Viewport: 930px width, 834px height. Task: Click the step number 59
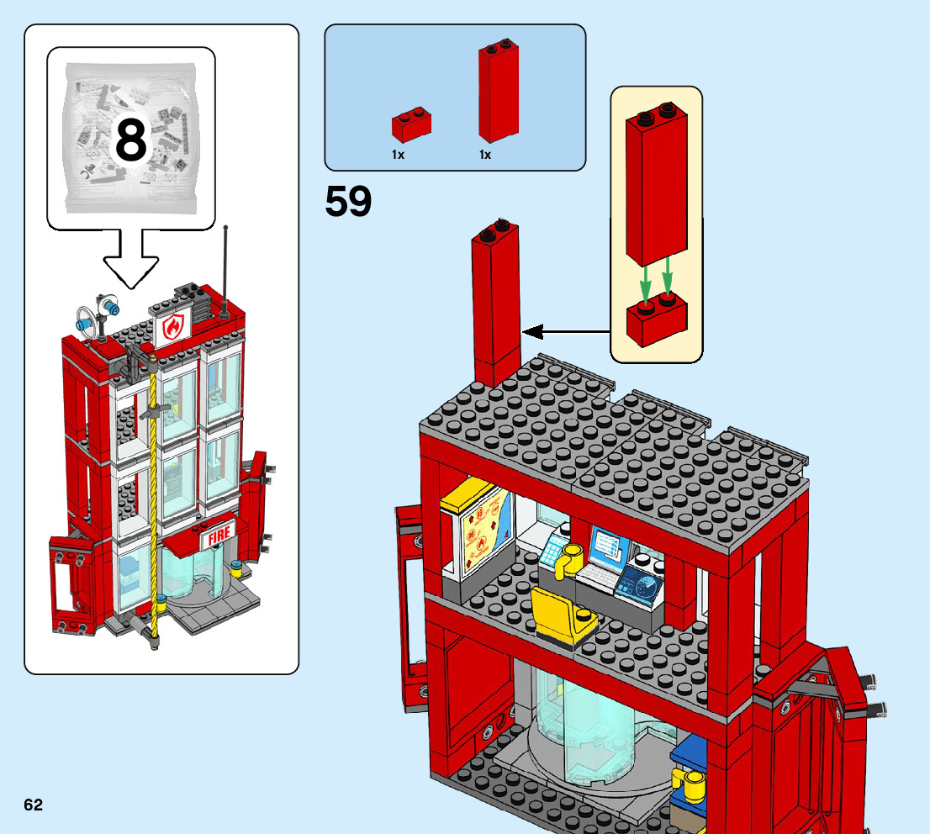pyautogui.click(x=348, y=203)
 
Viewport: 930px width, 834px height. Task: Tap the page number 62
pyautogui.click(x=33, y=805)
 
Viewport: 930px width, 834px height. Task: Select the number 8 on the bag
pyautogui.click(x=130, y=140)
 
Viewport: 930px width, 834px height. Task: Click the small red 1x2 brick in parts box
pyautogui.click(x=411, y=124)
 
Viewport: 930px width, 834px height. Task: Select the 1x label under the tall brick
pyautogui.click(x=485, y=155)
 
